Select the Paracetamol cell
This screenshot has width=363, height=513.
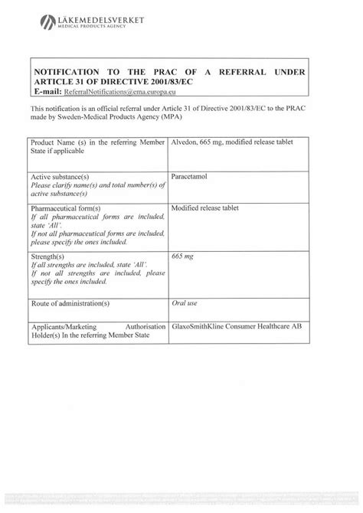191,176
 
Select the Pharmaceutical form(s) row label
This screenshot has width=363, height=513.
64,207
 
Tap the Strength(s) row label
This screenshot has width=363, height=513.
47,254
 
